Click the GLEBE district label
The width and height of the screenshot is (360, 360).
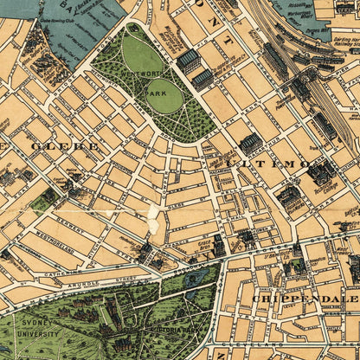(x=65, y=146)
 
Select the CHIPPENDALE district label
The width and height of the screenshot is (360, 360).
(x=293, y=298)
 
